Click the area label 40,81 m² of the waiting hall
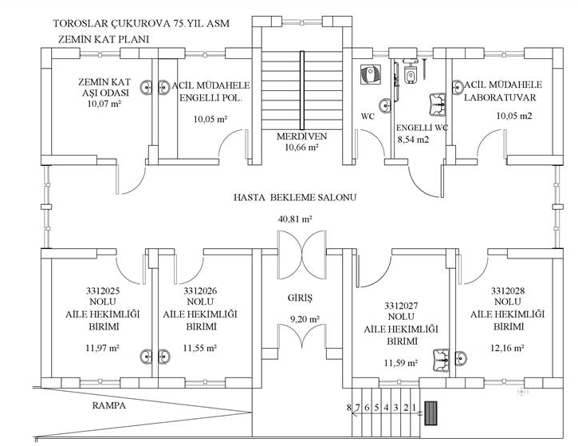[x=295, y=219]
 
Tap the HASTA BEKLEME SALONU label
[x=295, y=197]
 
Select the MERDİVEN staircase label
[x=301, y=136]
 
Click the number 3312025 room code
[x=103, y=290]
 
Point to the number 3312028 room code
[x=508, y=290]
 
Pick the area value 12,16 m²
[x=508, y=348]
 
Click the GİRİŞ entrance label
[x=300, y=298]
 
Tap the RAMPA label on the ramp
[x=108, y=405]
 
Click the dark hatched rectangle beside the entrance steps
[x=431, y=413]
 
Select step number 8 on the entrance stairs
[x=348, y=408]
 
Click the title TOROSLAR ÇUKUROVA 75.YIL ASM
[x=141, y=23]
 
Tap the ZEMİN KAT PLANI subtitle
[x=104, y=39]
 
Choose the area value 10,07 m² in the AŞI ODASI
[x=104, y=104]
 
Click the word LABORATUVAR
[x=500, y=97]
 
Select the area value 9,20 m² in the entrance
[x=305, y=318]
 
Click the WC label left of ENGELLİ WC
[x=368, y=116]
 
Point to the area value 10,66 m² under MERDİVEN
[x=301, y=148]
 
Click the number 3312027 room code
[x=402, y=306]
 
